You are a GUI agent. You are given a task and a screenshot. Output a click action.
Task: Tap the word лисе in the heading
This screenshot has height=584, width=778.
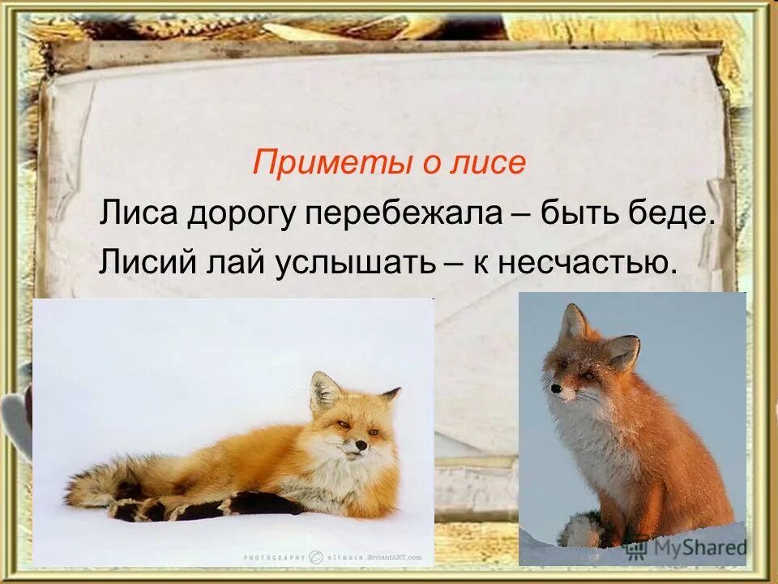[x=492, y=163]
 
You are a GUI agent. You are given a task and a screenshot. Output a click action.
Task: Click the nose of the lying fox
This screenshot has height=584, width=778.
[x=358, y=445]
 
